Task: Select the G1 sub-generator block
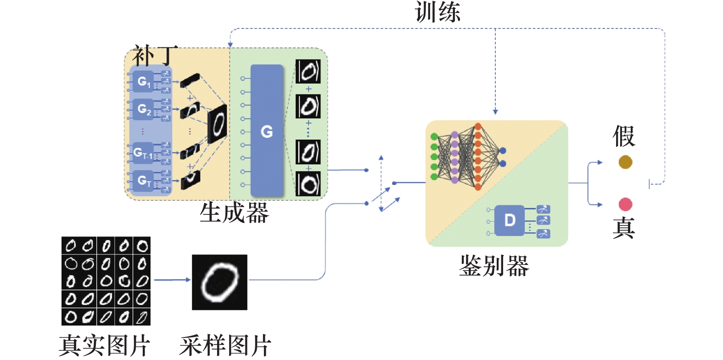click(x=143, y=82)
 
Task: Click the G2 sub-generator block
click(x=143, y=109)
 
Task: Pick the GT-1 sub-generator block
click(x=143, y=153)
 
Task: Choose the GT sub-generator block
click(x=143, y=180)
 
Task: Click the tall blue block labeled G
click(x=266, y=131)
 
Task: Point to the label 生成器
click(x=234, y=213)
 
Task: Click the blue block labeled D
click(x=509, y=220)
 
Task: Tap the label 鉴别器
click(x=494, y=266)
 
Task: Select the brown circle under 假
click(x=625, y=162)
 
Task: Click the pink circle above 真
click(x=625, y=204)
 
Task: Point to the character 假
click(x=624, y=136)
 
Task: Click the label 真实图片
click(x=105, y=345)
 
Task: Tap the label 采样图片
click(x=225, y=345)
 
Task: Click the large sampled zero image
click(x=219, y=282)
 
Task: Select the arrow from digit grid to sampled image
click(x=172, y=279)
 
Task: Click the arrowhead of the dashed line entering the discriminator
click(x=495, y=112)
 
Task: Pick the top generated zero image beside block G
click(x=308, y=72)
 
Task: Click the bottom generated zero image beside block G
click(x=308, y=184)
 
